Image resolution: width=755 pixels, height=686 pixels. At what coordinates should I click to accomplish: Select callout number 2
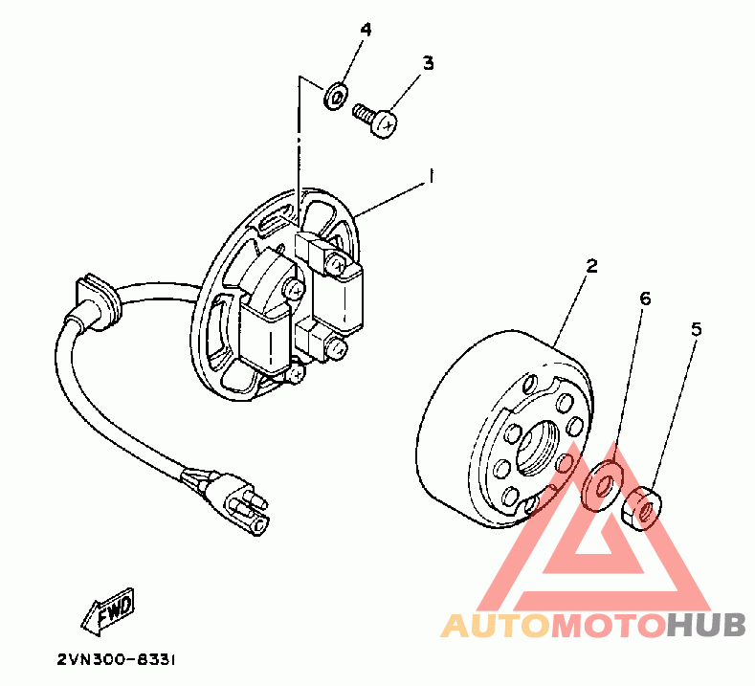pos(591,266)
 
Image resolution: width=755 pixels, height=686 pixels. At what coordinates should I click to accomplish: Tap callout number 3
pos(428,63)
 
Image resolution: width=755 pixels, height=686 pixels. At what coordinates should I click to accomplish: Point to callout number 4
pos(365,29)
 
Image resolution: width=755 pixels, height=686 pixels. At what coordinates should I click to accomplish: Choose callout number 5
pos(696,328)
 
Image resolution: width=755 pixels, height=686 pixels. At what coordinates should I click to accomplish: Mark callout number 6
pos(645,299)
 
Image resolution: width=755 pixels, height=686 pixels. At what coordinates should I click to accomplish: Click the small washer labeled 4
pos(333,96)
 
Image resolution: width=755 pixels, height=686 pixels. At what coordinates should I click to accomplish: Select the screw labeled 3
pos(377,122)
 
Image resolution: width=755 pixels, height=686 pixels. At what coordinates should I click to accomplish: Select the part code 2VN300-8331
pos(116,660)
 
